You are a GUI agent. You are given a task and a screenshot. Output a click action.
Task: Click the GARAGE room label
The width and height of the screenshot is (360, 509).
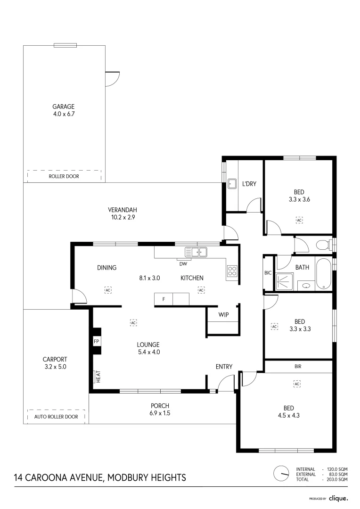click(64, 107)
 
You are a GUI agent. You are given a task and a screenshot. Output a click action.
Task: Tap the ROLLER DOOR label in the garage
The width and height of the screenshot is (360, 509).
click(64, 176)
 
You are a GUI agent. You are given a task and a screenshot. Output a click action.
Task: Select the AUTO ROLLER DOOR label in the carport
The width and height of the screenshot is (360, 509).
click(56, 417)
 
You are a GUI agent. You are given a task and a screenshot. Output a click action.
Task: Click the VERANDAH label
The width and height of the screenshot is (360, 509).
click(122, 210)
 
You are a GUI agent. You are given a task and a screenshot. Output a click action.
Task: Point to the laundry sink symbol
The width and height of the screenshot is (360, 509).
click(232, 184)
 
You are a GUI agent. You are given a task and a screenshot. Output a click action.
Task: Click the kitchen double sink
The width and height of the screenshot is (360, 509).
click(196, 252)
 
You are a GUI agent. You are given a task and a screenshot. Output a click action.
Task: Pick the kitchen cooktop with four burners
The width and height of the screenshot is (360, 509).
click(232, 271)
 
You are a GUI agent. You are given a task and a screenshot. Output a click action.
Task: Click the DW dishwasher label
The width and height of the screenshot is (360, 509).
click(183, 263)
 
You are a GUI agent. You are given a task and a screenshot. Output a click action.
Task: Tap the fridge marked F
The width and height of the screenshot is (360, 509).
click(164, 299)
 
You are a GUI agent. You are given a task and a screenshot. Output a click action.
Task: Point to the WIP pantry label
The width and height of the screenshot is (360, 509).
click(223, 315)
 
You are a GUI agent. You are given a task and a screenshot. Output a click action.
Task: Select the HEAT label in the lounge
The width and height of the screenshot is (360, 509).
click(98, 376)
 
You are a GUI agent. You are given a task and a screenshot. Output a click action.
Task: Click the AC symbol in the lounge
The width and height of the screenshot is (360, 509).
click(133, 323)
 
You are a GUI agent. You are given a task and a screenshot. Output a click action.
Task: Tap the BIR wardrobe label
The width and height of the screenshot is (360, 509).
click(297, 366)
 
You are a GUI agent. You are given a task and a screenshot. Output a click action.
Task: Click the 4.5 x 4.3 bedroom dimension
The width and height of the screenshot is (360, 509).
click(289, 415)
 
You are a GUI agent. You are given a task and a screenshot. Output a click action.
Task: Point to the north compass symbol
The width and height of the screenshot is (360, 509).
click(281, 473)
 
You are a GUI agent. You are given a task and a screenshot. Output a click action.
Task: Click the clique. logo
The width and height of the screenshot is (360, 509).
click(338, 498)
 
